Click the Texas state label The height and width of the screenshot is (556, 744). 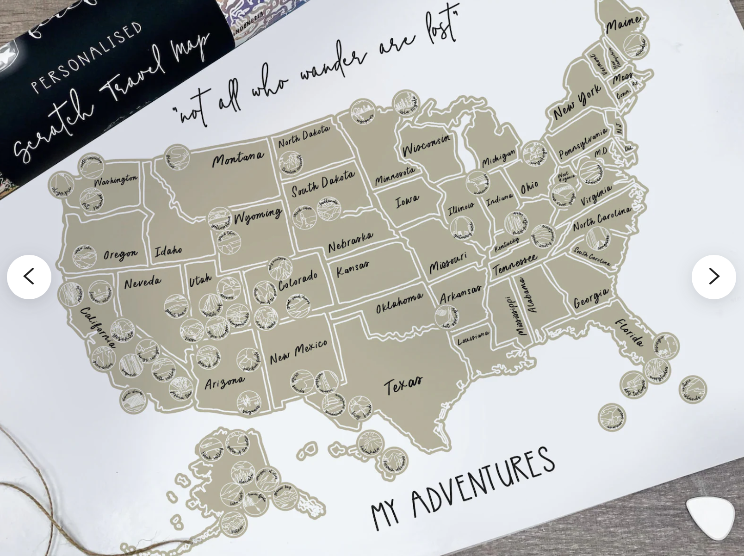(403, 384)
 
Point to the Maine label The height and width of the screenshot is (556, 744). (623, 24)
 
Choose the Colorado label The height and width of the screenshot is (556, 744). (298, 280)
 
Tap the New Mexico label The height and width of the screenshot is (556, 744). (298, 352)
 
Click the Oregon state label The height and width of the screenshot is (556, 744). (120, 254)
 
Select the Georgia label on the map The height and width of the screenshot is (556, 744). (591, 298)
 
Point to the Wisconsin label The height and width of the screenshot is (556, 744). (426, 145)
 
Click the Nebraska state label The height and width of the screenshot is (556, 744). (350, 241)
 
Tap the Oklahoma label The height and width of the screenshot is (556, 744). (399, 303)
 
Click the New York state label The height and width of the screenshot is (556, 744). (577, 102)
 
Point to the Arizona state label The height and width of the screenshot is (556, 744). (224, 382)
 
